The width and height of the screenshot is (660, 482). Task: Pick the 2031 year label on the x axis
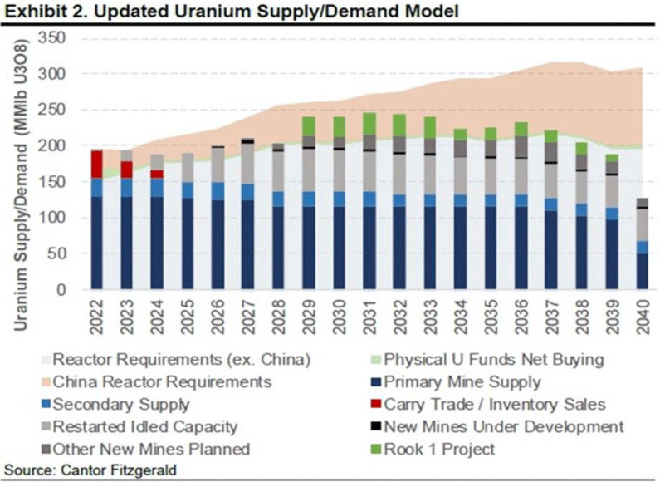(x=369, y=320)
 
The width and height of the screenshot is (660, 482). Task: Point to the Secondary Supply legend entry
(x=120, y=405)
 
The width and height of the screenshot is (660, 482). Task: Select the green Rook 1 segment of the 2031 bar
(x=369, y=124)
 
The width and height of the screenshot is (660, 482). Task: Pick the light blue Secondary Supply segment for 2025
(x=188, y=190)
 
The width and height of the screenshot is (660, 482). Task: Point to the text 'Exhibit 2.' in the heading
(x=37, y=12)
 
